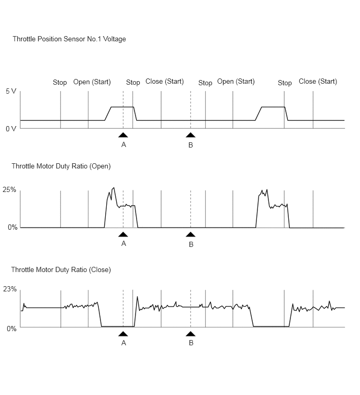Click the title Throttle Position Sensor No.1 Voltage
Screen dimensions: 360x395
coord(69,39)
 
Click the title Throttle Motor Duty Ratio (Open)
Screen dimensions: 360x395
coord(61,166)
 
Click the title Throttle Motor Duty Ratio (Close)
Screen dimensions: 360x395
coord(61,270)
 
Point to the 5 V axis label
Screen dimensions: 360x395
coord(11,91)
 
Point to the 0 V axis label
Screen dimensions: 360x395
coord(11,129)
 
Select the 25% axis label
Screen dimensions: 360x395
coord(9,190)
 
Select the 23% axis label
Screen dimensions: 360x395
coord(10,289)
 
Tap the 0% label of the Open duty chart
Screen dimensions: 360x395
coord(13,227)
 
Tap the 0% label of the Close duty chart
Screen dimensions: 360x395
coord(12,329)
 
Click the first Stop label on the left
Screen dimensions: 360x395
coord(60,82)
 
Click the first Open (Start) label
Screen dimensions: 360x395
coord(92,82)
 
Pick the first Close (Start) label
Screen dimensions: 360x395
coord(164,82)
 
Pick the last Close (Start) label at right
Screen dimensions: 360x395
coord(318,82)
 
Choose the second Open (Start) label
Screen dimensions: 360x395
coord(236,82)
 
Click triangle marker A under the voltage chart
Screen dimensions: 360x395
coord(123,135)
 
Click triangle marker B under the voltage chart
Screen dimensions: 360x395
coord(190,135)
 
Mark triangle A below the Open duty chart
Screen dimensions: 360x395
coord(123,234)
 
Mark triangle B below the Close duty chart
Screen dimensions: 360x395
coord(190,334)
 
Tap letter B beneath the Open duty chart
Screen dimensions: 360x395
coord(191,244)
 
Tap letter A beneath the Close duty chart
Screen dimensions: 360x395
coord(123,343)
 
